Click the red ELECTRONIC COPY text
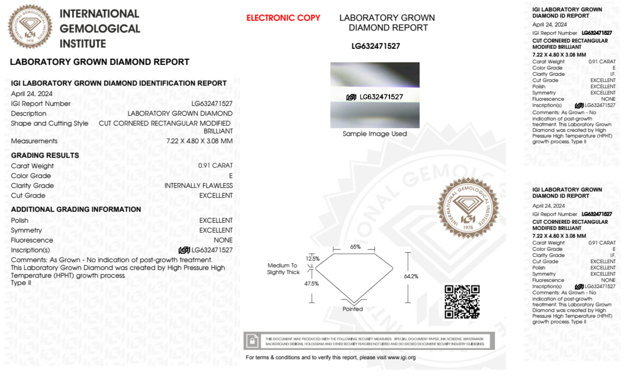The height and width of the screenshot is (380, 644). tap(283, 18)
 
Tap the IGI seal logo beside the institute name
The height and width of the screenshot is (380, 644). tap(30, 27)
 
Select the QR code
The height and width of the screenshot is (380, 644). tap(462, 301)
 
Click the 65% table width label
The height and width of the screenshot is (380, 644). tap(355, 247)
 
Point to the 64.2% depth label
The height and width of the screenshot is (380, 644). tap(411, 276)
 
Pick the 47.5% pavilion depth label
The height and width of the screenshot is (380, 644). tap(311, 283)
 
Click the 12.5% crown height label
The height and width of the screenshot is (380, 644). tap(313, 259)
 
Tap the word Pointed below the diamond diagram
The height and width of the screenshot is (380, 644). tap(352, 309)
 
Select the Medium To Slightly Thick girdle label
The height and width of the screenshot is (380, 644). tap(283, 269)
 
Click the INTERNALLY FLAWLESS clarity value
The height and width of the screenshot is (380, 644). tap(198, 186)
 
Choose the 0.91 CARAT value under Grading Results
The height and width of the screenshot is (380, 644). tap(215, 166)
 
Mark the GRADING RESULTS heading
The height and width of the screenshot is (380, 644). tap(45, 155)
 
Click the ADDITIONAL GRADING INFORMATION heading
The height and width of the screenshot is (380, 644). tap(76, 209)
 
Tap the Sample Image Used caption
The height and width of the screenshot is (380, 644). tap(375, 134)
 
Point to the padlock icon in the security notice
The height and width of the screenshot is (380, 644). tap(252, 341)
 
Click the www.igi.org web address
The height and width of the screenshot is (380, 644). tap(401, 357)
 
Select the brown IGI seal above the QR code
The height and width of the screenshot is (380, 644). tap(468, 208)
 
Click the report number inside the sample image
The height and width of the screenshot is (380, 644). tap(381, 97)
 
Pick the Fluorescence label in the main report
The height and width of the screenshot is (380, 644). tap(32, 240)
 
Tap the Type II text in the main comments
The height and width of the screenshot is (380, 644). tap(21, 283)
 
